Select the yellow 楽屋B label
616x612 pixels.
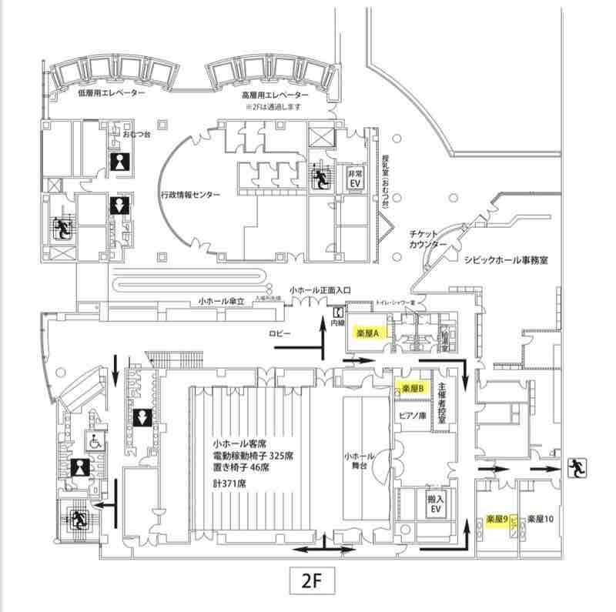pyautogui.click(x=413, y=390)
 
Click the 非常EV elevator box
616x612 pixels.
pyautogui.click(x=355, y=179)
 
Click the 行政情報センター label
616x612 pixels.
pyautogui.click(x=191, y=195)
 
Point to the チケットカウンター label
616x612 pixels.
pyautogui.click(x=429, y=239)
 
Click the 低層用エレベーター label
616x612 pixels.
pyautogui.click(x=112, y=92)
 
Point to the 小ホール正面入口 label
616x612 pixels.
pyautogui.click(x=320, y=290)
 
